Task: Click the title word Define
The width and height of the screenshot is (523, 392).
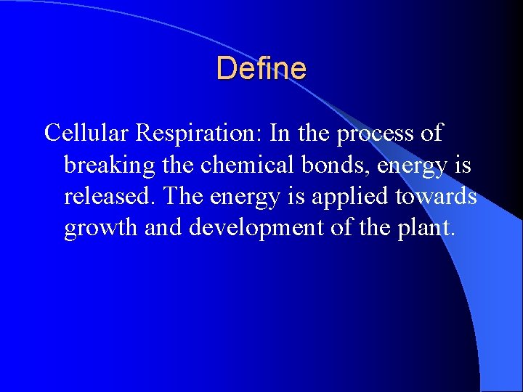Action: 261,69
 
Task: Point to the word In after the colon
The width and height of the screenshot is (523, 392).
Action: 280,134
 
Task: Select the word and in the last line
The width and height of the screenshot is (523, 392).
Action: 163,229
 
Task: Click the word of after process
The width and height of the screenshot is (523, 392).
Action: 431,134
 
